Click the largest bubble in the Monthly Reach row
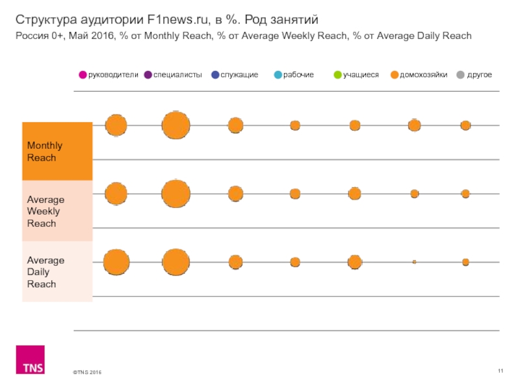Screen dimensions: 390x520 click(x=175, y=125)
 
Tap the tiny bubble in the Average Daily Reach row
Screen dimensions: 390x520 click(x=414, y=262)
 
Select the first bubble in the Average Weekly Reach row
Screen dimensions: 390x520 click(x=116, y=194)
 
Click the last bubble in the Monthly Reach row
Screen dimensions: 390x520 click(x=465, y=125)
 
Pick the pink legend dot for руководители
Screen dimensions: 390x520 click(x=83, y=75)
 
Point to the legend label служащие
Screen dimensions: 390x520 click(x=239, y=75)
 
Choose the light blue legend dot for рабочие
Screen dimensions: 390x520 click(x=278, y=75)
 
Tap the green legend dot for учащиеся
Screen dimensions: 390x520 click(x=337, y=75)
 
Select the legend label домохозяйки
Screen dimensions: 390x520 click(x=423, y=75)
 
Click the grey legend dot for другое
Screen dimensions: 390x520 click(x=461, y=75)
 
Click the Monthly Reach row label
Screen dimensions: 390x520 click(x=42, y=151)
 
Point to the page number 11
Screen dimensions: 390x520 click(x=500, y=370)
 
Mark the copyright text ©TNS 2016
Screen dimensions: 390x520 click(x=87, y=372)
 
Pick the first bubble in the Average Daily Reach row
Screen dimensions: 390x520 click(x=116, y=262)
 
